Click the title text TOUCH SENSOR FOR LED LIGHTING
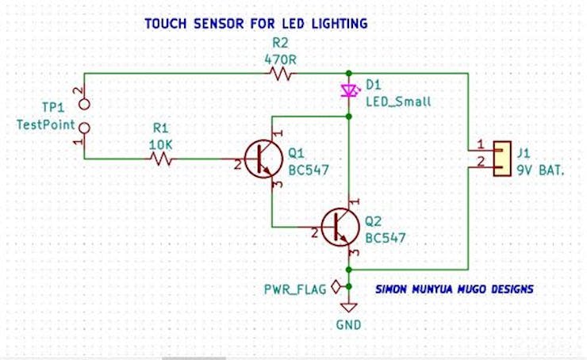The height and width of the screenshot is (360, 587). (255, 24)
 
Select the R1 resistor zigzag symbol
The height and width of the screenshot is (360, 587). (162, 159)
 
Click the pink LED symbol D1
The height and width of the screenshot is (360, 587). (347, 91)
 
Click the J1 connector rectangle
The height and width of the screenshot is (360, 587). (502, 159)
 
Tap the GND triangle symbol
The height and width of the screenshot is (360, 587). (347, 308)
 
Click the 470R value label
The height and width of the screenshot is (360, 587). (282, 58)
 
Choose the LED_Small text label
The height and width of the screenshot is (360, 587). (398, 101)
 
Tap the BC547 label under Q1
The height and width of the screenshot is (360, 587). (308, 169)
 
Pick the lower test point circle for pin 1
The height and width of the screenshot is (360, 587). (82, 127)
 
